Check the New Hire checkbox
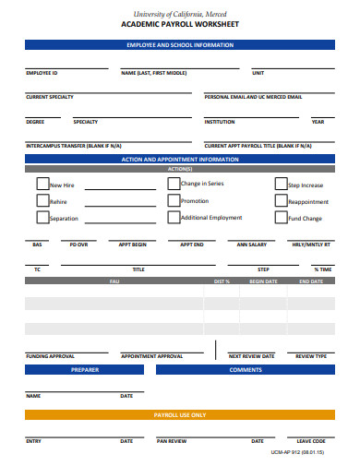tap(42, 184)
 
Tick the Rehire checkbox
tap(42, 200)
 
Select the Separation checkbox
tap(42, 218)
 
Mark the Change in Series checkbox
tap(174, 184)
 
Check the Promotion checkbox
tap(174, 200)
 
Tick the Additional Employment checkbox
tap(174, 218)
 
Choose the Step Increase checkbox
tap(281, 184)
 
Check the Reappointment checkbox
tap(281, 200)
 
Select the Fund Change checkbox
tap(281, 218)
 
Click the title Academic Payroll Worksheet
tap(179, 26)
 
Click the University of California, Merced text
tap(179, 13)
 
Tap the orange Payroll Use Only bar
tap(179, 415)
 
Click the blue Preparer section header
tap(84, 369)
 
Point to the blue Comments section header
tap(246, 369)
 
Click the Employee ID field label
tap(42, 72)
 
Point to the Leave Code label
tap(311, 441)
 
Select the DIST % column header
tap(222, 281)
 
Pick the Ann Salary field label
tap(251, 245)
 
